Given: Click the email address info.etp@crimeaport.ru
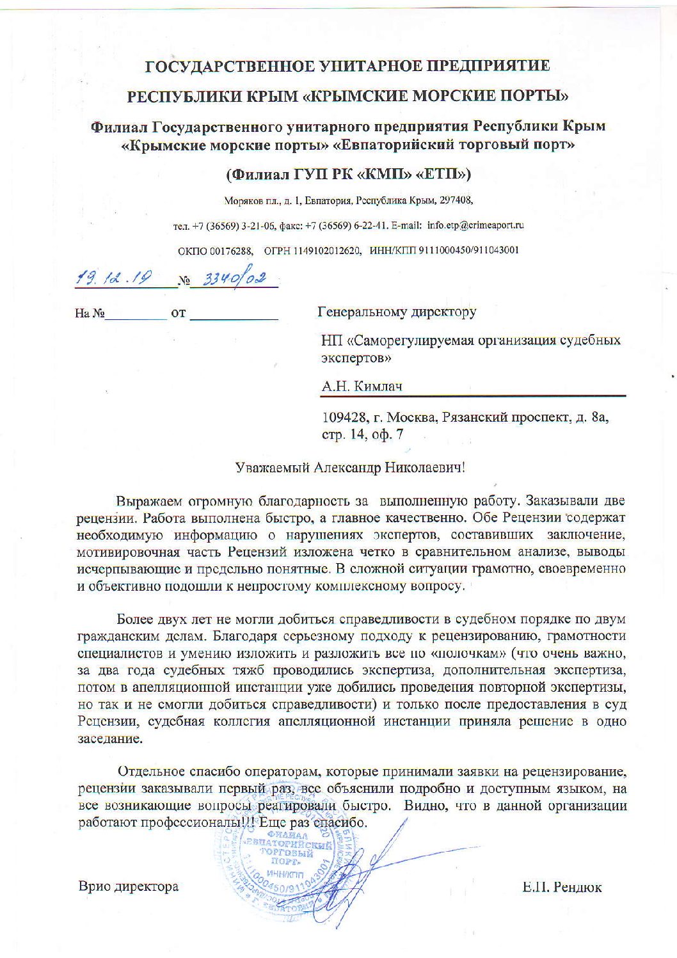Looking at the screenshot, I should tap(475, 225).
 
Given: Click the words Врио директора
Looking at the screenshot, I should tap(128, 887).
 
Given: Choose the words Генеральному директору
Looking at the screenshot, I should tap(397, 312).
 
